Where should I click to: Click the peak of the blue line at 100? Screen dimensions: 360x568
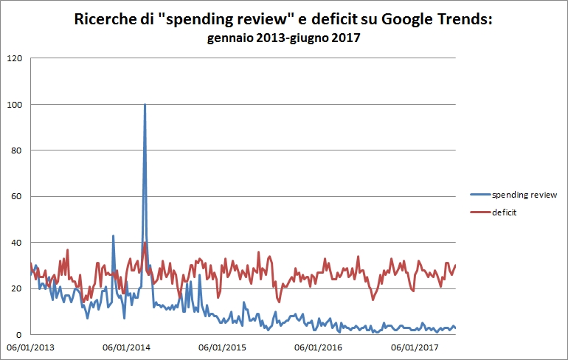pyautogui.click(x=145, y=105)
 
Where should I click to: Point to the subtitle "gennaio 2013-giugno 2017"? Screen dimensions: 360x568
pyautogui.click(x=283, y=38)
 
